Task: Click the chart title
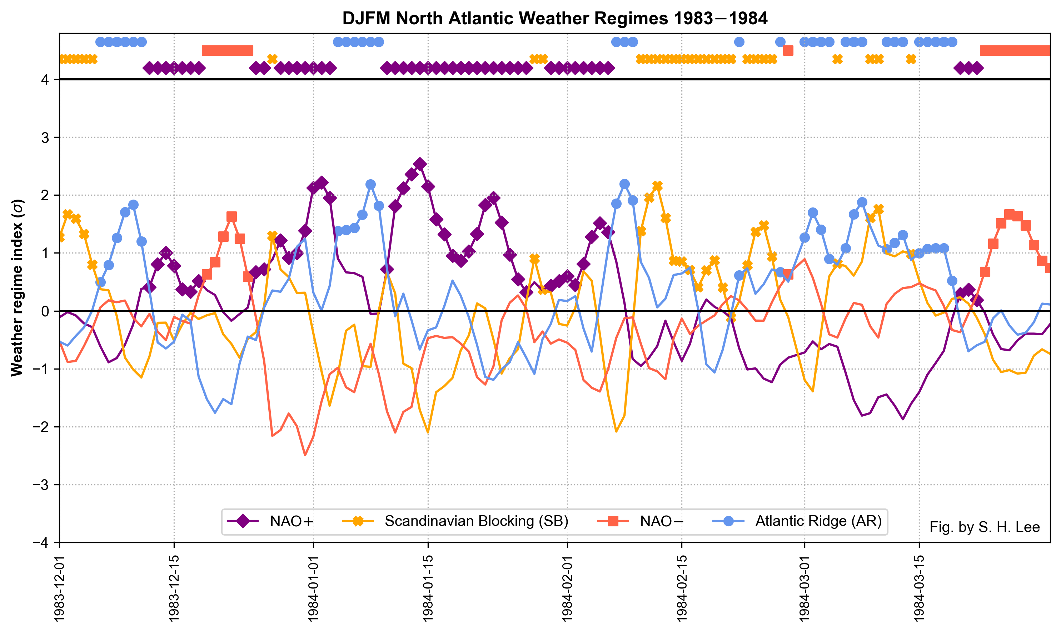(x=554, y=18)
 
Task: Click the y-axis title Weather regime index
(x=17, y=288)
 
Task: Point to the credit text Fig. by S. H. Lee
(x=984, y=527)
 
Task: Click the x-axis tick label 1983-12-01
(x=59, y=588)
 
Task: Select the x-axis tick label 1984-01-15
(x=428, y=588)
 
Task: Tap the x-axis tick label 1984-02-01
(x=568, y=588)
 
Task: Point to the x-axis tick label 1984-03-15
(x=919, y=588)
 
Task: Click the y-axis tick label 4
(x=44, y=80)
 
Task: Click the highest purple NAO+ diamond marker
(x=420, y=164)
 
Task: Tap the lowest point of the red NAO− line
(x=305, y=456)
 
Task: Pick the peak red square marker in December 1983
(x=231, y=217)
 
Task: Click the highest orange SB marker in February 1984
(x=657, y=186)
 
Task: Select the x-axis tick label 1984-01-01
(x=313, y=588)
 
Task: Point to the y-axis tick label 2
(x=44, y=195)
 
